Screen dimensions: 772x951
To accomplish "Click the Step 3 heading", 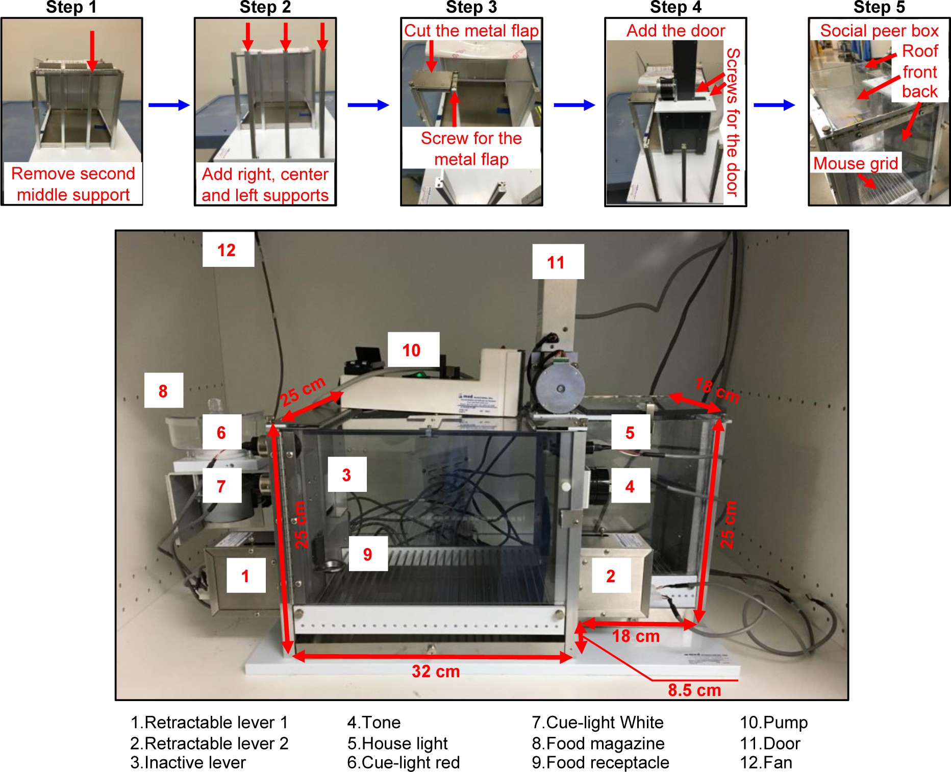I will tap(471, 7).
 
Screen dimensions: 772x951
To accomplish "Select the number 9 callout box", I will tap(368, 554).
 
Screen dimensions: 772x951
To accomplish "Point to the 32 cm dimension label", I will tap(436, 671).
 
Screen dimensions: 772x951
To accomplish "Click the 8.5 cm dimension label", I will tap(694, 690).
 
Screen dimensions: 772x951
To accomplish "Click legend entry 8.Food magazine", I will tap(598, 743).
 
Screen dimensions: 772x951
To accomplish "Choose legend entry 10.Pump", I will tap(773, 723).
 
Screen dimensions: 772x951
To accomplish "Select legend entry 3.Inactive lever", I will tap(188, 762).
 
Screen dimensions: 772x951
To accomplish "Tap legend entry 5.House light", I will tap(397, 743).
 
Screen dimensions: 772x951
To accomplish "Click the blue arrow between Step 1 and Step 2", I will tap(169, 105).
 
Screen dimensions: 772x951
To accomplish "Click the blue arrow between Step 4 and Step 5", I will tap(774, 105).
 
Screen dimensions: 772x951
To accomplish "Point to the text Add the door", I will tap(675, 31).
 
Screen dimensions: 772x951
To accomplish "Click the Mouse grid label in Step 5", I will tap(855, 163).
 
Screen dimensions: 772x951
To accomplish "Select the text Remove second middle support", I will tap(73, 184).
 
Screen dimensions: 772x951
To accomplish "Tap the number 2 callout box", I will tap(611, 576).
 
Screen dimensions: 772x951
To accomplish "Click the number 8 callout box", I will tap(163, 391).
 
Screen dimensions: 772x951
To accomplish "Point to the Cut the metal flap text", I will tap(471, 31).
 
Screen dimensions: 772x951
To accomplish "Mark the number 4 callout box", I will tap(630, 486).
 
